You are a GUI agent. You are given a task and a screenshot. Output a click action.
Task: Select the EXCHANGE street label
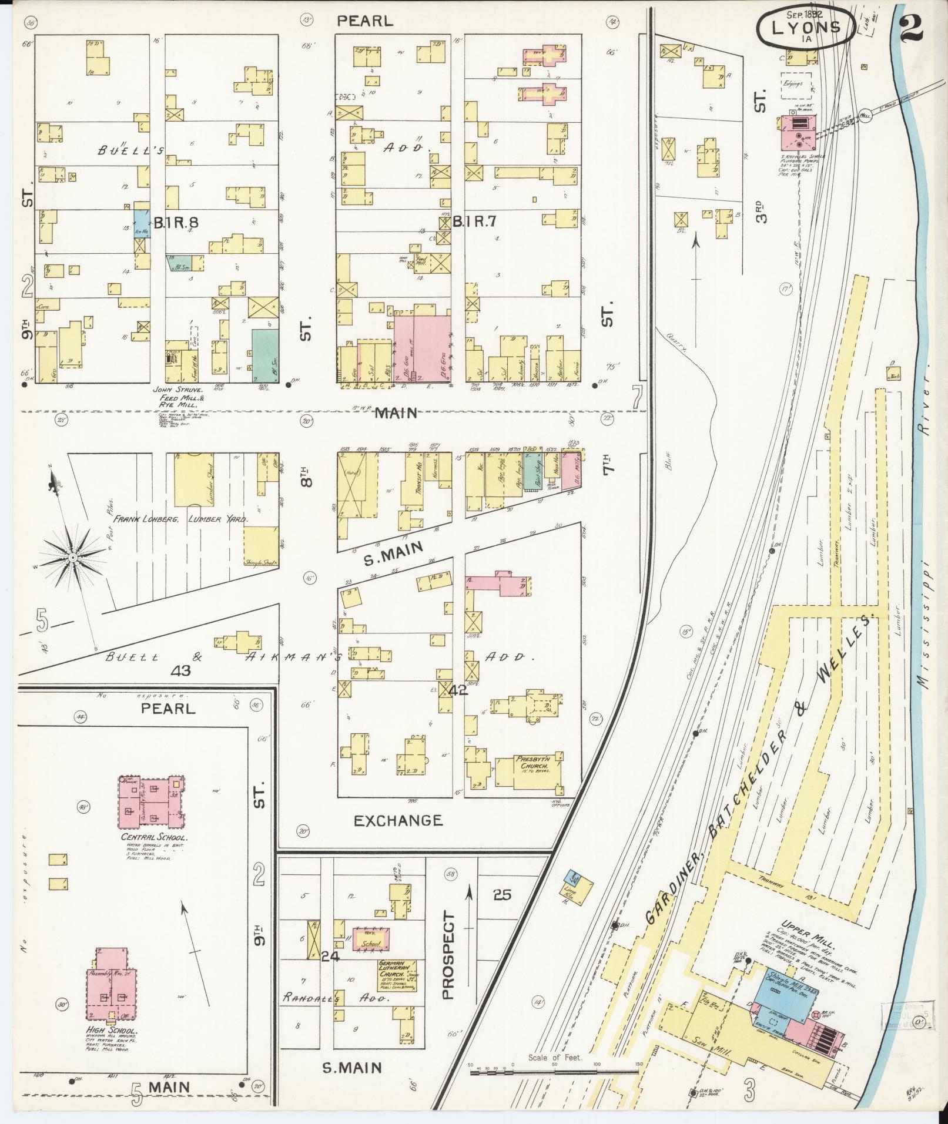pyautogui.click(x=398, y=820)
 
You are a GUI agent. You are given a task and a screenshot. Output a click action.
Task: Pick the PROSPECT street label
pyautogui.click(x=448, y=956)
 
